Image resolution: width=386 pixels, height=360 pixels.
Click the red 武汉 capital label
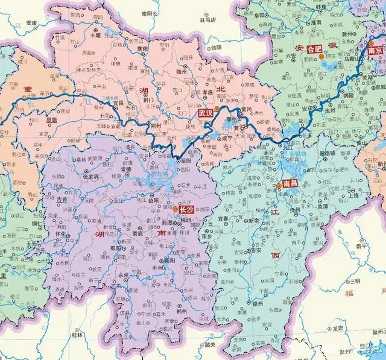(205, 113)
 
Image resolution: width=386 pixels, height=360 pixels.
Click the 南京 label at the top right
(374, 52)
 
